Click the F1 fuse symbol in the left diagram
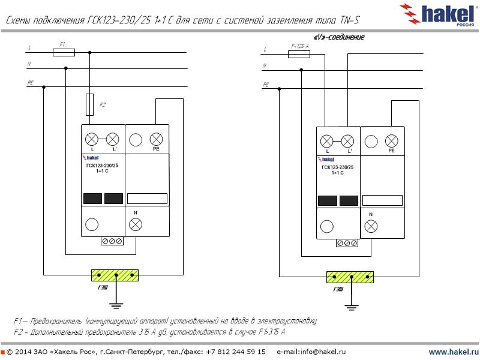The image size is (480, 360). [x=64, y=53]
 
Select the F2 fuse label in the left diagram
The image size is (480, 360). [x=102, y=105]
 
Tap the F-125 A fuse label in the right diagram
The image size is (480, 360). [x=299, y=46]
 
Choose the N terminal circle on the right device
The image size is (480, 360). [x=371, y=226]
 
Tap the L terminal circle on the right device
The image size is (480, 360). [x=326, y=141]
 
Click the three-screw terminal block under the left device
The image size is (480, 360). [x=113, y=241]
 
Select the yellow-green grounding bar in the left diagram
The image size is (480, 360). [x=115, y=275]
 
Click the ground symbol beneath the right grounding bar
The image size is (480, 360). [x=350, y=307]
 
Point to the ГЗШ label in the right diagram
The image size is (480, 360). [x=338, y=290]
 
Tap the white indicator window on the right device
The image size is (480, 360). [x=382, y=200]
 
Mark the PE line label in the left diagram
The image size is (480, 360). [x=30, y=83]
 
